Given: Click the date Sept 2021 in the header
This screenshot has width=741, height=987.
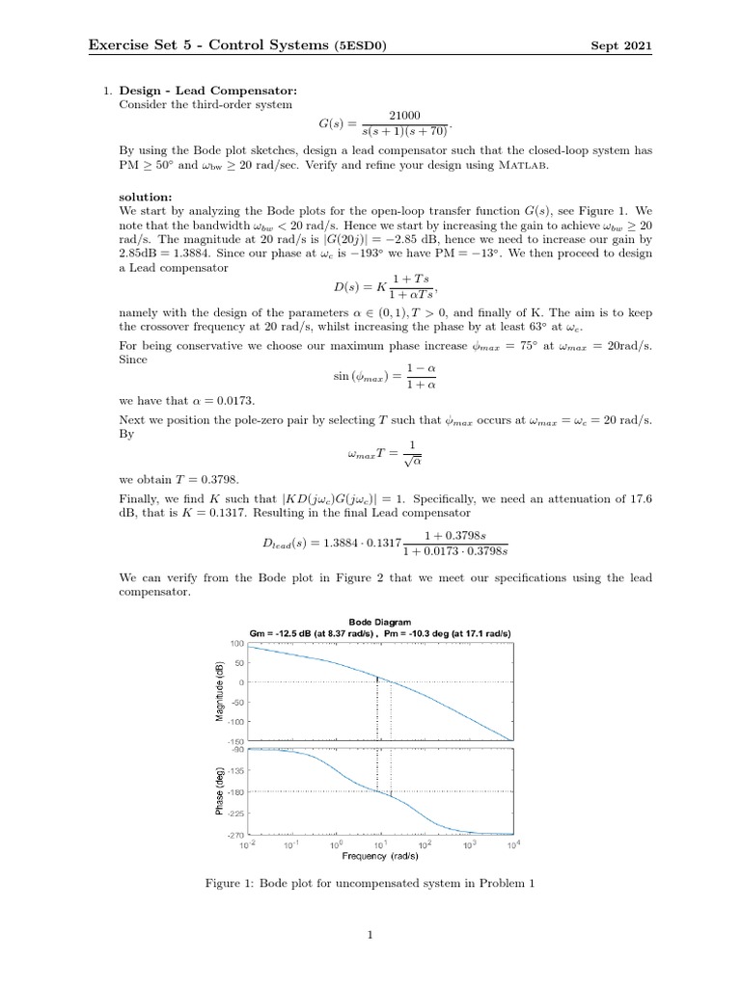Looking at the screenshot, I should (x=622, y=43).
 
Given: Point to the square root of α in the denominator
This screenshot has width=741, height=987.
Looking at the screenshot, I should (x=412, y=459).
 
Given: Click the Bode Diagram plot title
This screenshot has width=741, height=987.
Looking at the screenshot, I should (x=380, y=622).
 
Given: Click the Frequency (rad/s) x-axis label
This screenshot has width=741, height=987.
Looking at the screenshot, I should (x=380, y=855).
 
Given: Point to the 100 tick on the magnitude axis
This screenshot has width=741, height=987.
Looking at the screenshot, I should (x=236, y=643).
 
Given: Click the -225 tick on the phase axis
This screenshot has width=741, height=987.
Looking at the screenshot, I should (x=234, y=814).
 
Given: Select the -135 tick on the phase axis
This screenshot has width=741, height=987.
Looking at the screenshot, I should (x=234, y=770).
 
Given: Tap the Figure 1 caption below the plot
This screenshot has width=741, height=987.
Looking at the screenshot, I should (x=370, y=883).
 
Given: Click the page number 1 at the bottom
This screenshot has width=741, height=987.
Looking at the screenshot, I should (x=370, y=934).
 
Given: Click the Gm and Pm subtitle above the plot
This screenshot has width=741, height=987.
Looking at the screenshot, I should (x=380, y=632).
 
